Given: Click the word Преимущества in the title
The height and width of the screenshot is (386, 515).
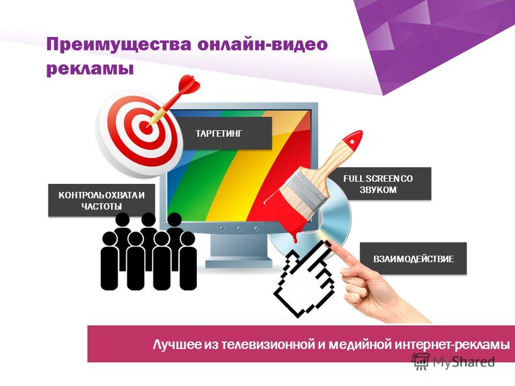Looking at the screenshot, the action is [119, 44].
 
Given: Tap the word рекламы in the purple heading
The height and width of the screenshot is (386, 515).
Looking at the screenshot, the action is [90, 69].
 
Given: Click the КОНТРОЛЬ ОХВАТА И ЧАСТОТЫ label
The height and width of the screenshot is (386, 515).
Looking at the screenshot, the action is [101, 200].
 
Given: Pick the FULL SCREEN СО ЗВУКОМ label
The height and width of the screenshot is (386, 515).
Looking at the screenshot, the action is [378, 184].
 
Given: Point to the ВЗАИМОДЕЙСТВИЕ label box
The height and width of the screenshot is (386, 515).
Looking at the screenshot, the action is [413, 258].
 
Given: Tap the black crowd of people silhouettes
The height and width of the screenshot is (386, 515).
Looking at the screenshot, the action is [149, 251].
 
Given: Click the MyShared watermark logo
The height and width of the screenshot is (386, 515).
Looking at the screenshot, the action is [454, 362].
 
